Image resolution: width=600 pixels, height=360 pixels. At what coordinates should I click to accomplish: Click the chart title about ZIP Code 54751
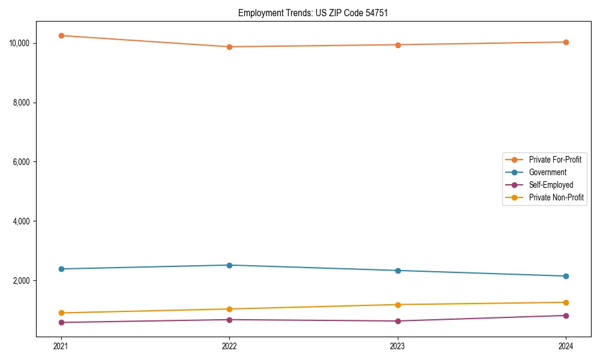click(x=313, y=13)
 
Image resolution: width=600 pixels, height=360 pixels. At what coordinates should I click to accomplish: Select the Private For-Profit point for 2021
click(x=61, y=35)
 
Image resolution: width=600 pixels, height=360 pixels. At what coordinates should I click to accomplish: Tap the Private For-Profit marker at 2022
click(x=229, y=47)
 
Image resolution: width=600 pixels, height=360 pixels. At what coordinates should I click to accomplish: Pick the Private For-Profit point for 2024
click(x=566, y=42)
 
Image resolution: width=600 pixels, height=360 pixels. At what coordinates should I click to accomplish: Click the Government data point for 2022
click(x=229, y=265)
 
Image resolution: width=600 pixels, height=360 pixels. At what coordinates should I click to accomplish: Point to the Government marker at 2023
click(x=398, y=271)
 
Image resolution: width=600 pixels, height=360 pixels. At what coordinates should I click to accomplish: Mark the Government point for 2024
click(x=566, y=276)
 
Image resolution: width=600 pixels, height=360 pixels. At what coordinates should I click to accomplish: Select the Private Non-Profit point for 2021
click(x=61, y=313)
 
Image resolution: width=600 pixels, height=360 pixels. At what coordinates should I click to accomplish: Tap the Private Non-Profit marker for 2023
click(x=398, y=305)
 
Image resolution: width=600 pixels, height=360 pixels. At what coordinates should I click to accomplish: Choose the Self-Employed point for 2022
click(x=229, y=320)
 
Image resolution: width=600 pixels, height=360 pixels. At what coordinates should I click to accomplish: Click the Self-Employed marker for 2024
click(x=566, y=316)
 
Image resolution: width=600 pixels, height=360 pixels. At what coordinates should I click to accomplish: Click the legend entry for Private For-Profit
click(x=555, y=160)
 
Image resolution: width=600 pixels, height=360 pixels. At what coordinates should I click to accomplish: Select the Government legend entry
click(x=547, y=172)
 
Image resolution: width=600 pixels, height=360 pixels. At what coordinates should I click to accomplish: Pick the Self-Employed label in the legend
click(x=551, y=185)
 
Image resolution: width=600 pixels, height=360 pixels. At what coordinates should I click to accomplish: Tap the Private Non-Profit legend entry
click(x=556, y=197)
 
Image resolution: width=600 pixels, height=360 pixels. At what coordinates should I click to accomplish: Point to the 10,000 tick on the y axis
click(x=20, y=43)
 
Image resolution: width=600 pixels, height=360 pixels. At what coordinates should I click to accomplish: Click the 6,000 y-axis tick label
click(x=22, y=162)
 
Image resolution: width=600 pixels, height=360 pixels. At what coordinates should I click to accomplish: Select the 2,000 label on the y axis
click(x=22, y=281)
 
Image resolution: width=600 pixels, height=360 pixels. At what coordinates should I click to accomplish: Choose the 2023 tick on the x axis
click(x=398, y=346)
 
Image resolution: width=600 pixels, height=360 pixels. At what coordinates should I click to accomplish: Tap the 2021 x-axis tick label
click(x=61, y=346)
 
